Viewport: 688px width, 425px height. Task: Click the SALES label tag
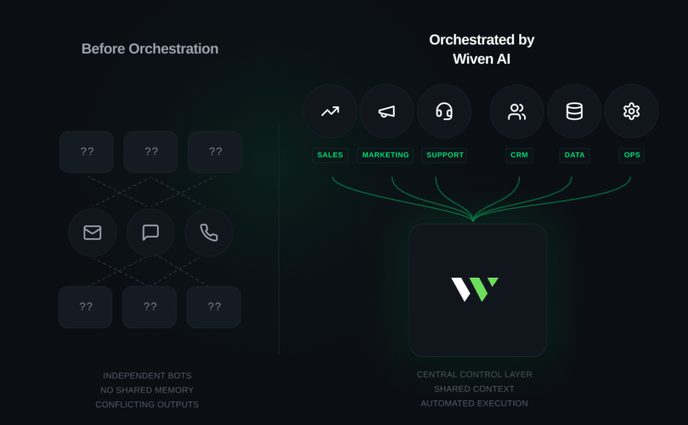[x=330, y=155]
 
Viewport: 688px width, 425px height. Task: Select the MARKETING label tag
[x=385, y=155]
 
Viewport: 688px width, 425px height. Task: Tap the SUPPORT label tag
[x=445, y=155]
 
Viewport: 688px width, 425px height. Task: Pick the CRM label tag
[x=519, y=155]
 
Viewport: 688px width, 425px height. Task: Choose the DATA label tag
[x=574, y=155]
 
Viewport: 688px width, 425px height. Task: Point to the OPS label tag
[x=632, y=155]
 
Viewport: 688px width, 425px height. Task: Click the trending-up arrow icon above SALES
[x=330, y=112]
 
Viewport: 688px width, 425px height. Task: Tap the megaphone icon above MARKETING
[x=386, y=112]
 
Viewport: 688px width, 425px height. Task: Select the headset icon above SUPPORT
[x=444, y=111]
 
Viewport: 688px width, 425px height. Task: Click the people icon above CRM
[x=517, y=112]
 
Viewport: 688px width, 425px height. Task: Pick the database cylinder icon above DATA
[x=574, y=111]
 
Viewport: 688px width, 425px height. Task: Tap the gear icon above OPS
[x=632, y=111]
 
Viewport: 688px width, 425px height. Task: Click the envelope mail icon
[x=92, y=232]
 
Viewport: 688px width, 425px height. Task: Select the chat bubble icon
[x=150, y=232]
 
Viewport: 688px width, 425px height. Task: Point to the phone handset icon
[x=209, y=233]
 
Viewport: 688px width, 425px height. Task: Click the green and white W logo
[x=475, y=289]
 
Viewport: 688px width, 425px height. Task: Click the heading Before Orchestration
[x=150, y=48]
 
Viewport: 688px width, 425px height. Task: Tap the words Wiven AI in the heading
[x=481, y=59]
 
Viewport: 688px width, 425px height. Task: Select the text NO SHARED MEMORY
[x=147, y=390]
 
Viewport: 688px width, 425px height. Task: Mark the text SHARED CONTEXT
[x=474, y=389]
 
